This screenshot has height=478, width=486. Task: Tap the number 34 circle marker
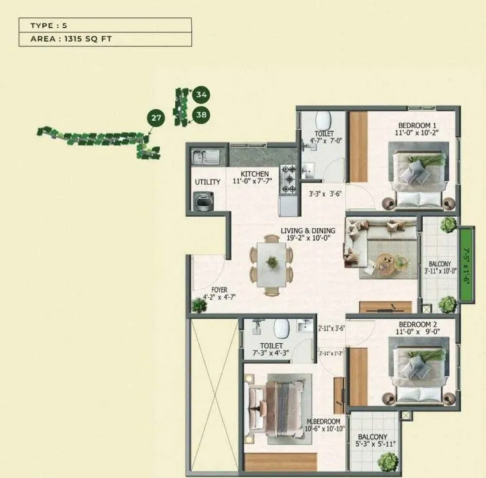coord(201,95)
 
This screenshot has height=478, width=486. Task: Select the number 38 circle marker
coord(201,116)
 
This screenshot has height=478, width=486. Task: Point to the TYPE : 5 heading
coord(49,26)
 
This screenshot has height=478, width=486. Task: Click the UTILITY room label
coord(207,182)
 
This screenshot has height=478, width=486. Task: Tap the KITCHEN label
coord(255,174)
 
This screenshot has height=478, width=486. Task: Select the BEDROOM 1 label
coord(417,125)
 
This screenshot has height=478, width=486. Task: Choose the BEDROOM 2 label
coord(417,324)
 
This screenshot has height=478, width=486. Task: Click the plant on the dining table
coord(272,261)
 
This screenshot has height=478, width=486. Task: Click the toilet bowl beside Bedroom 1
coord(322,120)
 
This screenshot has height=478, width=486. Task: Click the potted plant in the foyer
coord(200,306)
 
